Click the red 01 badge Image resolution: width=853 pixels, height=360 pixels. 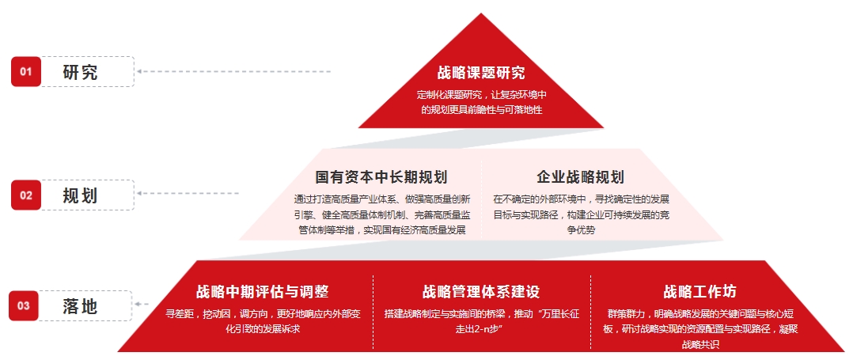click(25, 71)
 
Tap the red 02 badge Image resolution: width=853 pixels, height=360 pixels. click(25, 195)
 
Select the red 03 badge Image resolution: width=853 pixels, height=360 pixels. click(24, 305)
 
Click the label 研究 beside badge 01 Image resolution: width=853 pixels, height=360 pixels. click(81, 72)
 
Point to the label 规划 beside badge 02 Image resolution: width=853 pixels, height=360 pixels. click(81, 195)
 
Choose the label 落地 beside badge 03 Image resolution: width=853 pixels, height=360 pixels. click(79, 306)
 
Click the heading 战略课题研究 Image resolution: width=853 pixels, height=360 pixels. click(481, 72)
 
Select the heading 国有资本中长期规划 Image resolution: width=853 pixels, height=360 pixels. click(381, 176)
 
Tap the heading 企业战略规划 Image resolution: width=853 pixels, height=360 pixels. click(581, 176)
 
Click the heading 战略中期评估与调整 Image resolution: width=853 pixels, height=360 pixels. click(263, 291)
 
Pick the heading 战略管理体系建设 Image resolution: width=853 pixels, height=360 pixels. click(481, 291)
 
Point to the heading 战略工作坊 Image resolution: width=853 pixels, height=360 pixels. click(700, 291)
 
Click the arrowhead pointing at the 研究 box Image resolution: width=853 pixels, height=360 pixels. click(140, 71)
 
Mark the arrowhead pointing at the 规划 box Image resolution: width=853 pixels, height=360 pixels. click(140, 193)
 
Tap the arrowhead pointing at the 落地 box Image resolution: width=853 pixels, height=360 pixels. click(138, 304)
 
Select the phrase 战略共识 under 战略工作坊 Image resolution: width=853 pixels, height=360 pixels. click(700, 344)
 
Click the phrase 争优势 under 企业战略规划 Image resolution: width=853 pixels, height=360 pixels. click(581, 229)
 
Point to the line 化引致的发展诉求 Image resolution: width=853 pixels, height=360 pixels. click(263, 329)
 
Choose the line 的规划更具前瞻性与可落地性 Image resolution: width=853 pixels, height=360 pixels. click(482, 110)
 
